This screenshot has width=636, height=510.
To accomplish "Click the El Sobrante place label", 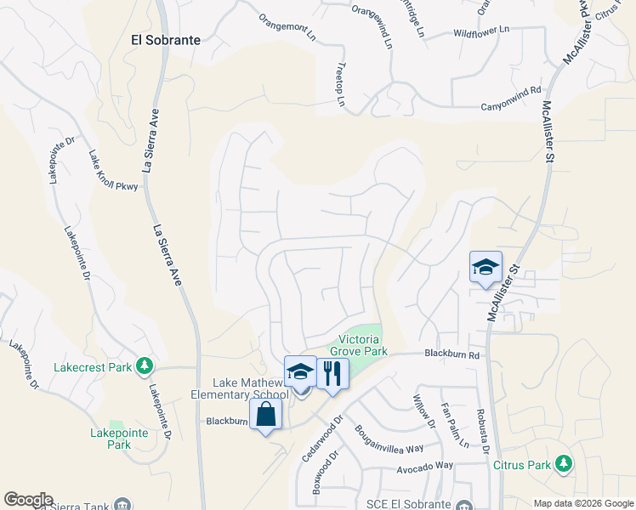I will (x=166, y=40).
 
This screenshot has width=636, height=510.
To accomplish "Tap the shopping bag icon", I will (x=266, y=415).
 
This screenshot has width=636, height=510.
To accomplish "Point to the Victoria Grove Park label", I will (x=358, y=343).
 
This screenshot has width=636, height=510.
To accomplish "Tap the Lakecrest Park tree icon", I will (x=145, y=365).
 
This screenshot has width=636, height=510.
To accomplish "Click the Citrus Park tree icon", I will (x=562, y=463).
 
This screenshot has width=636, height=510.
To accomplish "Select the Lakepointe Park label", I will (x=111, y=438).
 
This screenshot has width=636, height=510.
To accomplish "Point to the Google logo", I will (x=28, y=500).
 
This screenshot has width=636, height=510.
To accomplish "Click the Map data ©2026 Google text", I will (x=583, y=503).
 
